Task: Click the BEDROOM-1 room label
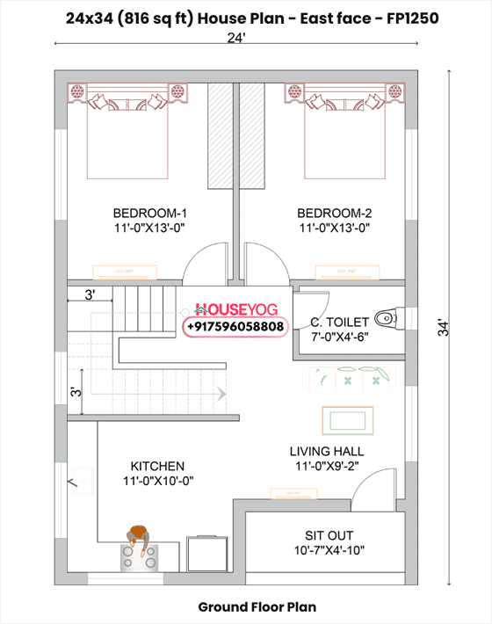coord(150,214)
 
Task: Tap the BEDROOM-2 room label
coord(335,214)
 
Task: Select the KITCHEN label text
coord(157,466)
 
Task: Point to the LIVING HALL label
coord(327,452)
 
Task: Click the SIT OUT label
coord(329,535)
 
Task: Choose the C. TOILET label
coord(338,322)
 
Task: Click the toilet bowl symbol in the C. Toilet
coord(386,316)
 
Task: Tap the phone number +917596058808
coord(235,327)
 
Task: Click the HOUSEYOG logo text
coord(235,309)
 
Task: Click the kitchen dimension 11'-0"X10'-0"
coord(157,481)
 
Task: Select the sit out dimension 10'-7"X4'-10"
coord(329,551)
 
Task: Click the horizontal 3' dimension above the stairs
coord(90,295)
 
